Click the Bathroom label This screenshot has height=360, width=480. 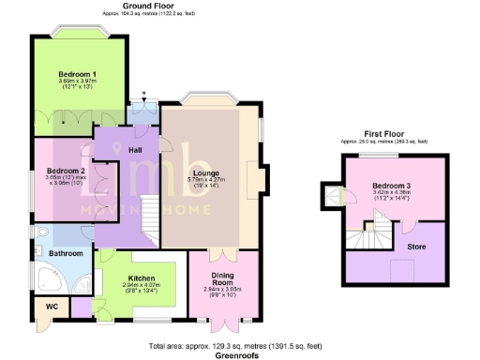[x=66, y=253]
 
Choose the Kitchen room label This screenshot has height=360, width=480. [x=142, y=279]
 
